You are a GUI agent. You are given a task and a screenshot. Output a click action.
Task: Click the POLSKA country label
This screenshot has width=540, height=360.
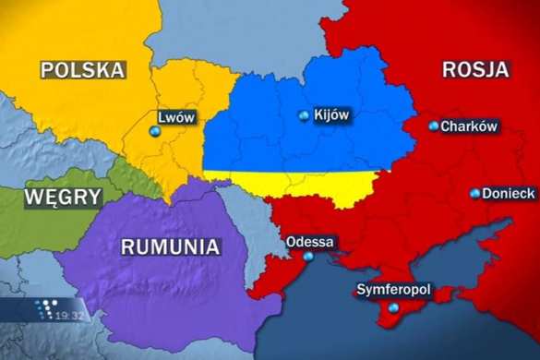(x=82, y=69)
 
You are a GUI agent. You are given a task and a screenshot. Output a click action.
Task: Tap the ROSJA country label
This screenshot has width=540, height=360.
(x=476, y=69)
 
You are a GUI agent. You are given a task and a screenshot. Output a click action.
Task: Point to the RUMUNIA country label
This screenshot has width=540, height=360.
(x=171, y=246)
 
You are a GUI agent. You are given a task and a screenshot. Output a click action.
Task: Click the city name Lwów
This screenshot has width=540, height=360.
(x=176, y=117)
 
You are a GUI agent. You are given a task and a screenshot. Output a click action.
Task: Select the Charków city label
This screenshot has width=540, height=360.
(x=469, y=126)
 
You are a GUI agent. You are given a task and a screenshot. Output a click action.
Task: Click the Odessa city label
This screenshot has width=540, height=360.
(x=310, y=243)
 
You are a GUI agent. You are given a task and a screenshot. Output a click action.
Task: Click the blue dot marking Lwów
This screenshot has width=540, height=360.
(x=154, y=132)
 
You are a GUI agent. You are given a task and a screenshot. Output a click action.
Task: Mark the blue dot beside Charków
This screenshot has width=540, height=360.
(x=434, y=126)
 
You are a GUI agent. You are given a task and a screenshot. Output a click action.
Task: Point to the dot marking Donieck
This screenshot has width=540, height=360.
(x=474, y=194)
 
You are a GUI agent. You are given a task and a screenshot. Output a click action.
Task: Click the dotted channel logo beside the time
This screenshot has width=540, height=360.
(x=47, y=310)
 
